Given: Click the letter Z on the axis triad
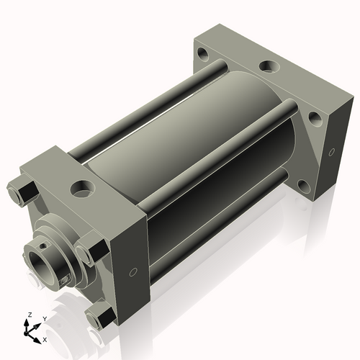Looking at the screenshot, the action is click(x=30, y=315).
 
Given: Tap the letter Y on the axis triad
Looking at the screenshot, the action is click(x=45, y=319).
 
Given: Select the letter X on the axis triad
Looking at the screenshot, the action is click(x=45, y=340).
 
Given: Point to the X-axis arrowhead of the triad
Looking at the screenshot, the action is click(x=37, y=341).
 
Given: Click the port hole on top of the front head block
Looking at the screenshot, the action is click(x=82, y=189).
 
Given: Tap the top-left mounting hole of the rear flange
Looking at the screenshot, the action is click(x=203, y=53).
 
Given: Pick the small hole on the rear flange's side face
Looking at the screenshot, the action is click(x=332, y=152).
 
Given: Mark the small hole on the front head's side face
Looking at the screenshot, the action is click(x=133, y=272).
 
